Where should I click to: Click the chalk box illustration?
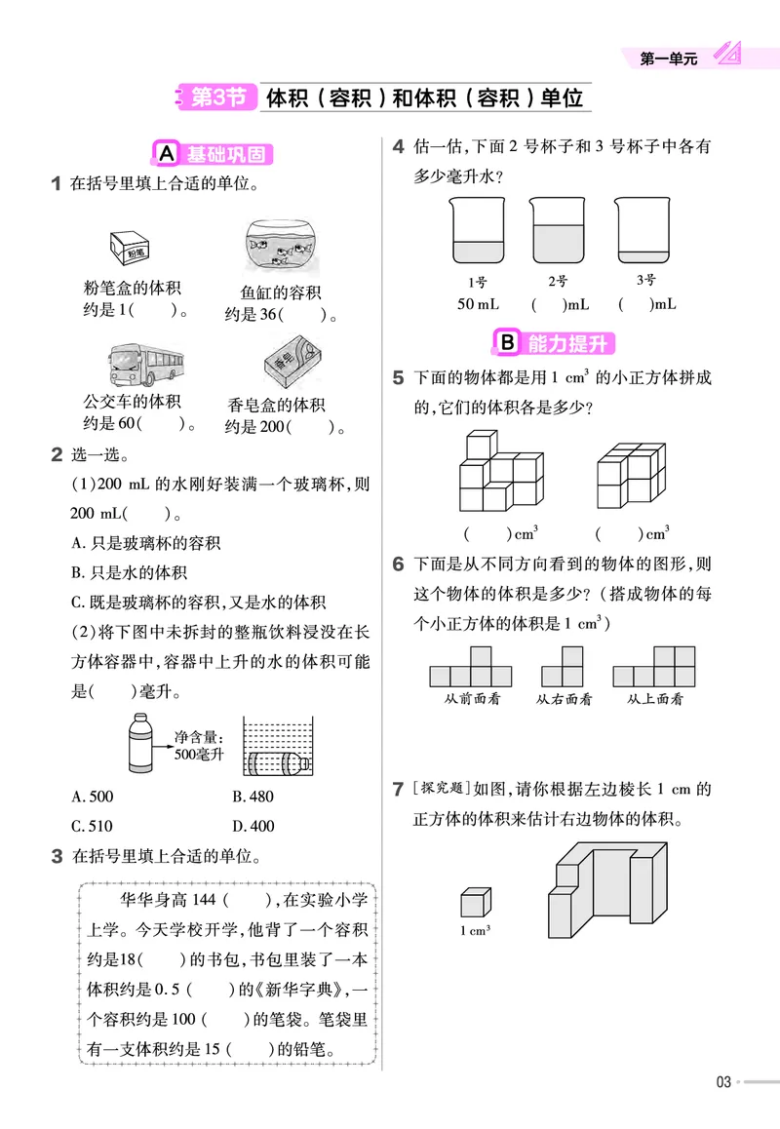coord(129,247)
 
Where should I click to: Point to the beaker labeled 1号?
coord(477,231)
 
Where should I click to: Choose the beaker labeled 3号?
coord(644,231)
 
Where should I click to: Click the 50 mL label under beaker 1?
coord(478,304)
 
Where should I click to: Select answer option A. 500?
coord(93,797)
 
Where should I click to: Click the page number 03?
coord(722,1081)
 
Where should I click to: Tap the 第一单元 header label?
coord(669,59)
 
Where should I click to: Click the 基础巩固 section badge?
coord(214,154)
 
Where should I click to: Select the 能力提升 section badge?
coord(556,343)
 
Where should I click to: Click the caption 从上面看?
coord(654,698)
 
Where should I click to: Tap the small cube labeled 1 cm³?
coord(475,902)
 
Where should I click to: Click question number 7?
coord(398,790)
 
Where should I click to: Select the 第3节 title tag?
coord(217,97)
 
